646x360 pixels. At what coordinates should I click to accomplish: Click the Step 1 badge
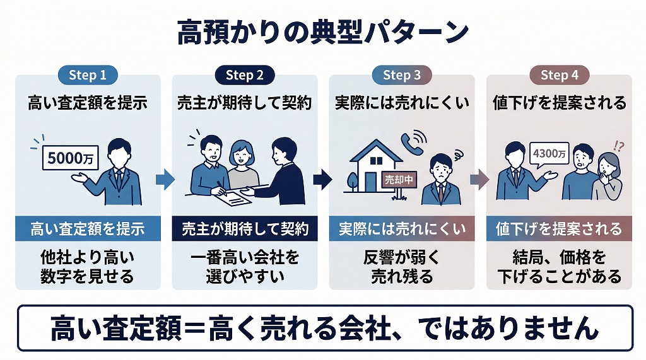(88, 76)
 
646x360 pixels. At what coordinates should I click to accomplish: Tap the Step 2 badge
(244, 76)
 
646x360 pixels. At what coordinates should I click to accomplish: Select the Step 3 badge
(401, 76)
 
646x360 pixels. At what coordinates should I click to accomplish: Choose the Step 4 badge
(559, 76)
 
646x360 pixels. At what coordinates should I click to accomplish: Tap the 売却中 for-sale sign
(399, 179)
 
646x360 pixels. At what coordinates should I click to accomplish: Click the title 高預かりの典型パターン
(322, 32)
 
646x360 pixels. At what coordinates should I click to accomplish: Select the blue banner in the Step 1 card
(88, 228)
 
